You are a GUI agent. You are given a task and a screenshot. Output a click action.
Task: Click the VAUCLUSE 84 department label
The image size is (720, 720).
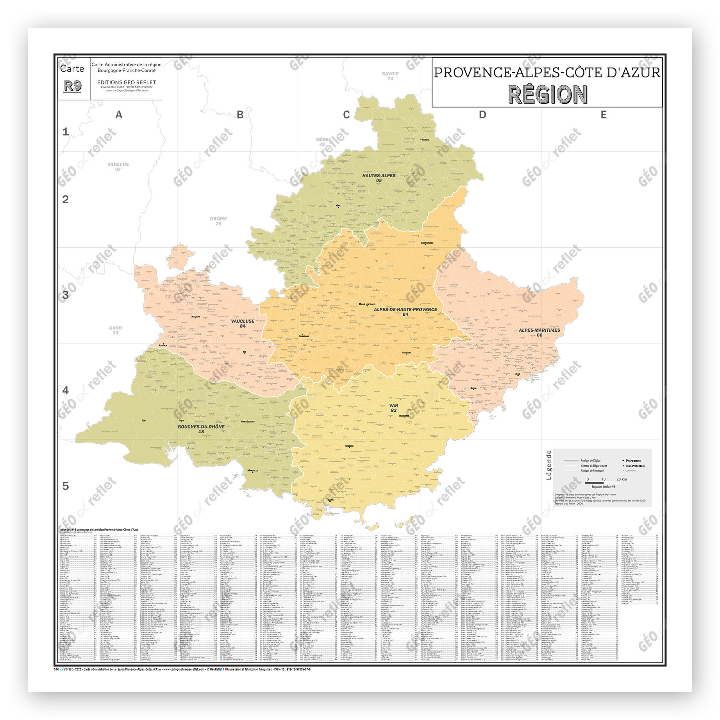(x=243, y=323)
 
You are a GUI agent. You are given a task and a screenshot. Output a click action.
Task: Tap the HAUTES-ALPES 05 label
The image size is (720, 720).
(x=379, y=178)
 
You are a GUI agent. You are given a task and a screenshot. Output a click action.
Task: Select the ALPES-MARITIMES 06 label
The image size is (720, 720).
(x=539, y=332)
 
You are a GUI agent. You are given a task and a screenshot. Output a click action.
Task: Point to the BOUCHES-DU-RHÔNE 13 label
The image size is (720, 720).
(x=201, y=429)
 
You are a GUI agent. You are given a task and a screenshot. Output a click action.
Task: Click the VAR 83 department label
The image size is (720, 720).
(x=393, y=408)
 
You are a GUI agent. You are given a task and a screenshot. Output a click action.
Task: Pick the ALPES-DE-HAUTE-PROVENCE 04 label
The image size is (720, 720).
(x=405, y=312)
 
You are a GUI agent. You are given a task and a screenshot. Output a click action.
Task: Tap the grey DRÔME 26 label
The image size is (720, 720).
(x=218, y=221)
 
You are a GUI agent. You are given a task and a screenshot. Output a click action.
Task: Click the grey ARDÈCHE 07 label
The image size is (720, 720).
(x=118, y=167)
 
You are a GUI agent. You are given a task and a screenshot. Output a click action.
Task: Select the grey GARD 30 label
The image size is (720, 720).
(x=115, y=331)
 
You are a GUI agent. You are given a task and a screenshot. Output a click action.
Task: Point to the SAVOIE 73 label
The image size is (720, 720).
(x=390, y=76)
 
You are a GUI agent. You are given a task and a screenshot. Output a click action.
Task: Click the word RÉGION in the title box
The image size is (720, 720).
(x=547, y=95)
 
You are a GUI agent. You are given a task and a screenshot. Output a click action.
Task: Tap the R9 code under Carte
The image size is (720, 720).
(x=73, y=86)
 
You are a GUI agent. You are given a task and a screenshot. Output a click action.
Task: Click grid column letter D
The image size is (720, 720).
(x=482, y=115)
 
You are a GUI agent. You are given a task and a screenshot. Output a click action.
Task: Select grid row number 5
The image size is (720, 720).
(x=66, y=486)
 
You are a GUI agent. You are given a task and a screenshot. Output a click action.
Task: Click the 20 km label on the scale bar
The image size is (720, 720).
(x=621, y=479)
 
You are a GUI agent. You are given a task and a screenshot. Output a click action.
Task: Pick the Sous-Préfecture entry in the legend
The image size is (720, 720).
(x=635, y=466)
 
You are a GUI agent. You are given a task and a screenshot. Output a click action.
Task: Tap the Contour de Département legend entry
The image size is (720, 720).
(x=594, y=466)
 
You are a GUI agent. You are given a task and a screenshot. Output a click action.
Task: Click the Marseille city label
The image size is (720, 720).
(x=252, y=470)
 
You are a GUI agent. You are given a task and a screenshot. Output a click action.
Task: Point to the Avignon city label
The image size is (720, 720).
(x=163, y=345)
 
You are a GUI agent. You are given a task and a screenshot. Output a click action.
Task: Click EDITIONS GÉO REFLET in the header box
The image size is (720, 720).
(x=127, y=82)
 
